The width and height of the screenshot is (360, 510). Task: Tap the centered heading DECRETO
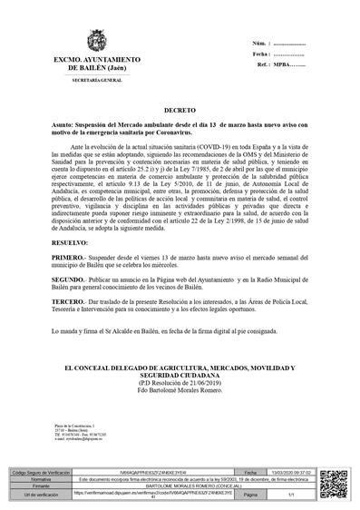pyautogui.click(x=179, y=106)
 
